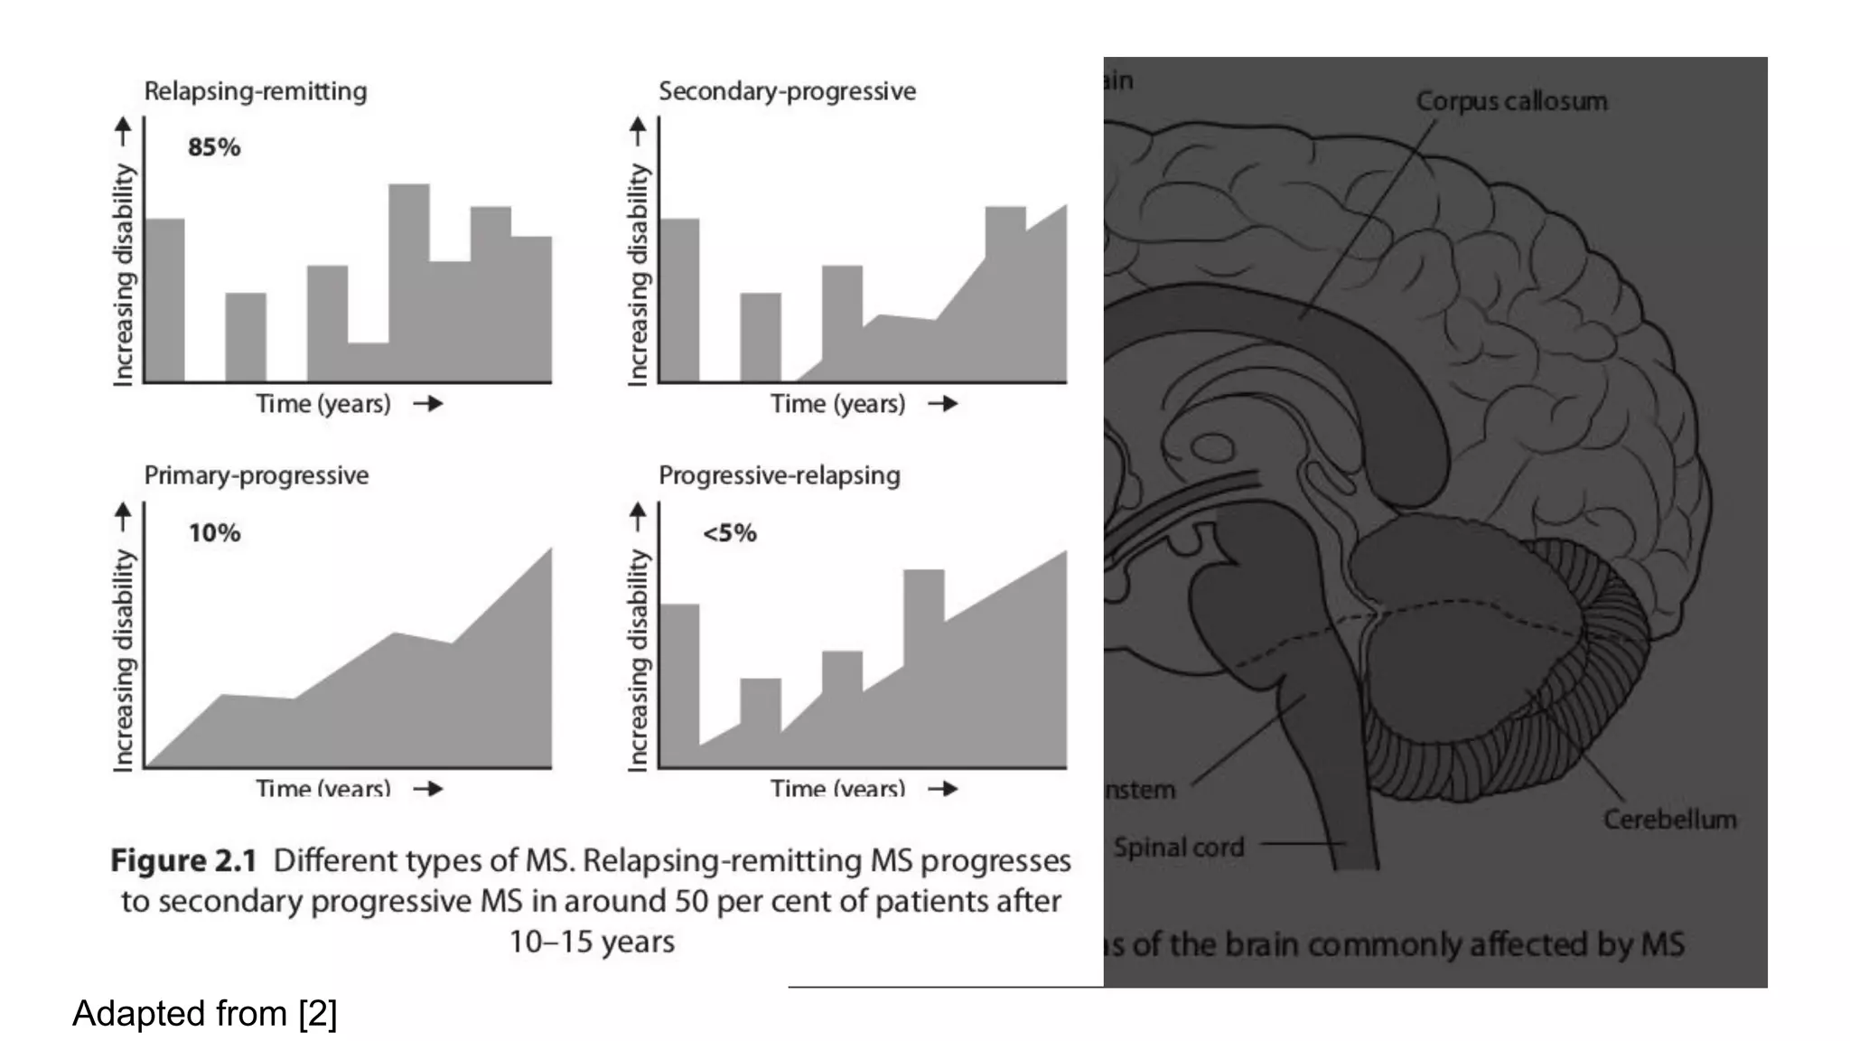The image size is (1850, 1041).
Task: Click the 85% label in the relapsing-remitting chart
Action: coord(214,147)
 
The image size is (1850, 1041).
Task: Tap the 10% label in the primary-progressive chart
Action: coord(214,533)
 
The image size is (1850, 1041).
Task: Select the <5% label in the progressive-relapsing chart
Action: coord(729,533)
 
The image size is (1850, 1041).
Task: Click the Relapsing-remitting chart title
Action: coord(256,91)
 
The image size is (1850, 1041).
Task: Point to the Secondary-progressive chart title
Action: coord(787,91)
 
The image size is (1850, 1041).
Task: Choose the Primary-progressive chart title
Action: coord(257,475)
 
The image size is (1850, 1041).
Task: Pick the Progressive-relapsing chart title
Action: coord(780,475)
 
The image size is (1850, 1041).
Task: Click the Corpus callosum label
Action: coord(1511,101)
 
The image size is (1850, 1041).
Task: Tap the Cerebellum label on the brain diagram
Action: coord(1669,820)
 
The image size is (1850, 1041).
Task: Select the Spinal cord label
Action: coord(1179,848)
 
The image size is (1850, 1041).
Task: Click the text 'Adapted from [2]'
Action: coord(205,1014)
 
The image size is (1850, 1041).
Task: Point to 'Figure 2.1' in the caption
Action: coord(184,861)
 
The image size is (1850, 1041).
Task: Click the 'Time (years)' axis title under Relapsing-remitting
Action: coord(323,404)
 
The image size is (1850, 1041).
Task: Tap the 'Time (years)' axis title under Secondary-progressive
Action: coord(837,404)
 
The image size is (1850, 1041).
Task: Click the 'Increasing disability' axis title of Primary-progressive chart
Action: coord(124,660)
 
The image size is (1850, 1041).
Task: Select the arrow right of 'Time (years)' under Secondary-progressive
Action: coord(942,404)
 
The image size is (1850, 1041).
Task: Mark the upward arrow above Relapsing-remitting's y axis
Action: coord(124,131)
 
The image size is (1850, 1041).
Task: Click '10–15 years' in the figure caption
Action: coord(592,942)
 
